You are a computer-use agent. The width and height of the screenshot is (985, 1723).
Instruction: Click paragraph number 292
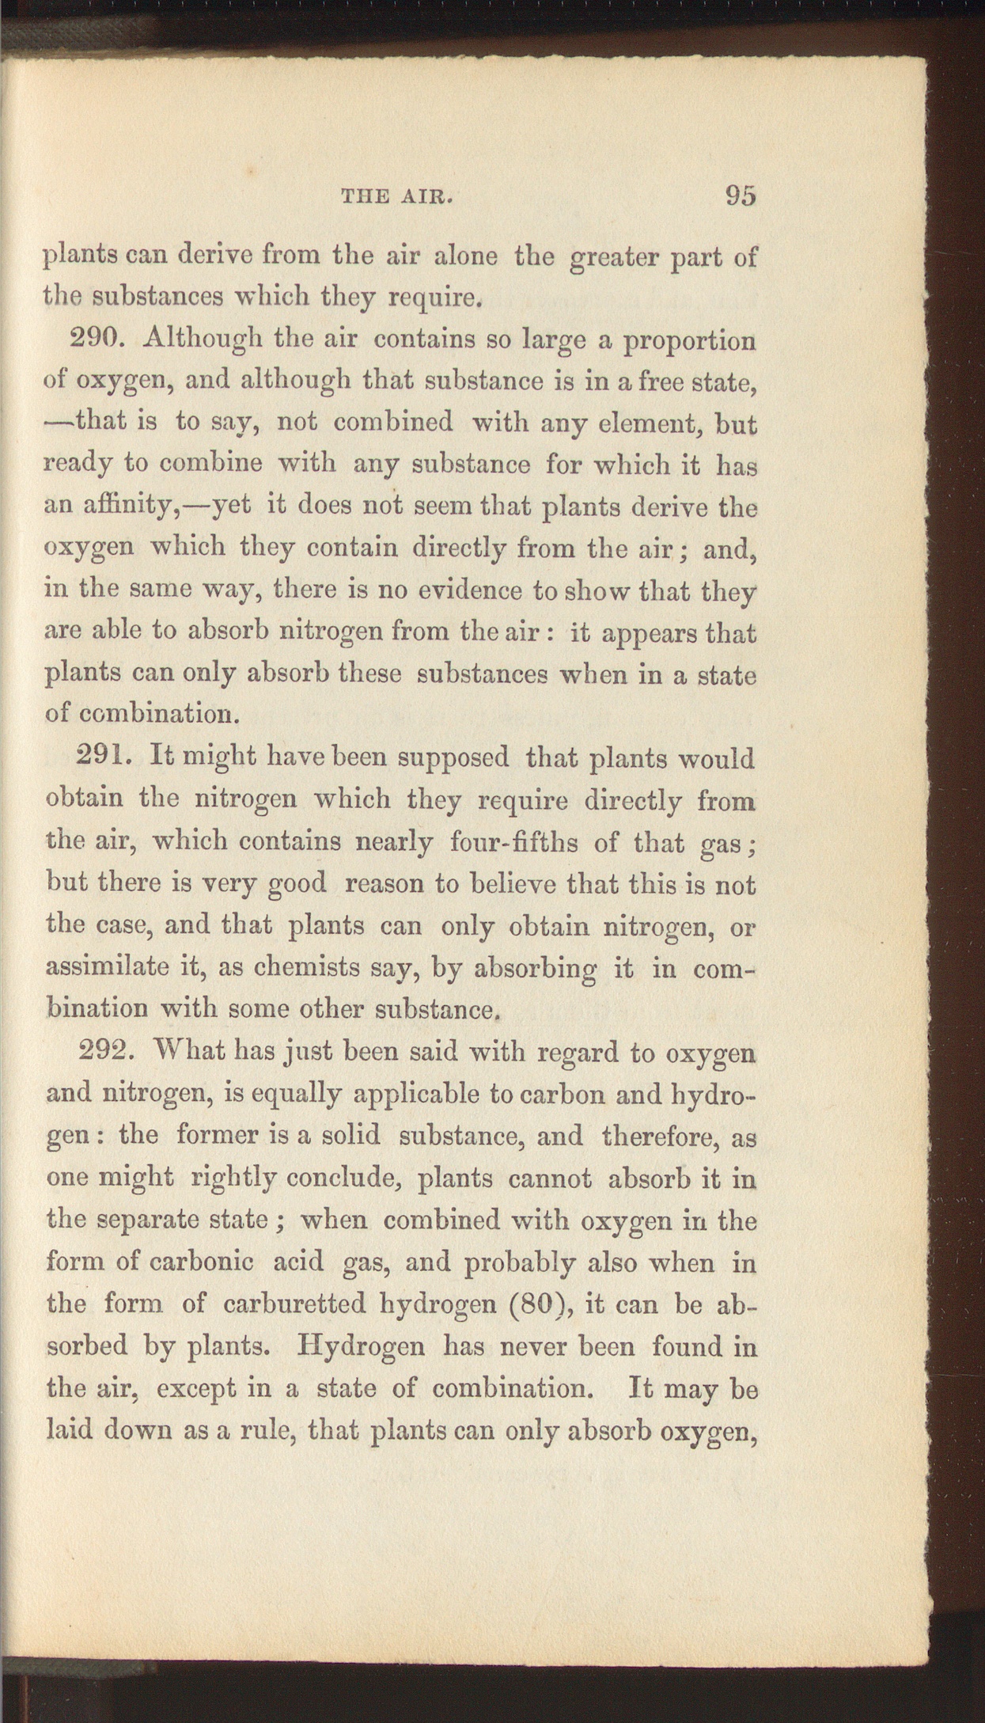click(x=112, y=1053)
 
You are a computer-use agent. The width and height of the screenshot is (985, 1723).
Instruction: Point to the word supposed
click(x=453, y=759)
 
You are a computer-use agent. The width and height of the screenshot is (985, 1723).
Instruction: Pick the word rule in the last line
click(x=263, y=1429)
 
